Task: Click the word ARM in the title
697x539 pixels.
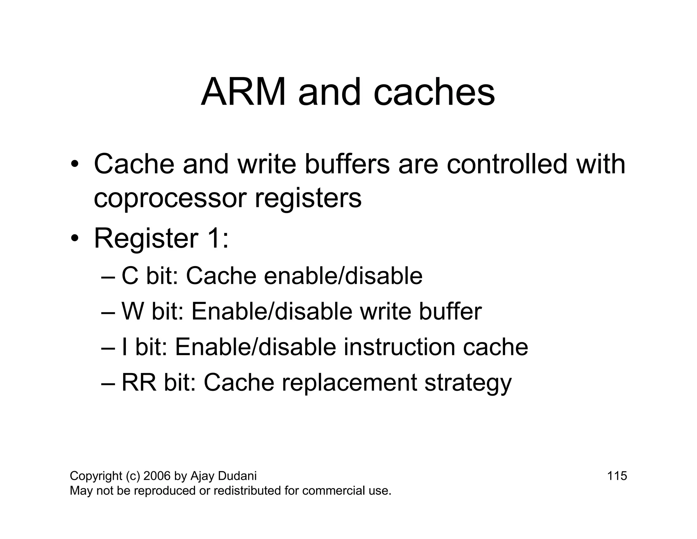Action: pos(243,93)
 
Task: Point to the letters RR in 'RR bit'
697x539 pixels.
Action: pos(139,382)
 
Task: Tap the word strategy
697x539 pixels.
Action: pos(468,383)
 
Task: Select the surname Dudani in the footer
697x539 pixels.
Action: pos(237,476)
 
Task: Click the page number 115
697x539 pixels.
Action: pos(617,476)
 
